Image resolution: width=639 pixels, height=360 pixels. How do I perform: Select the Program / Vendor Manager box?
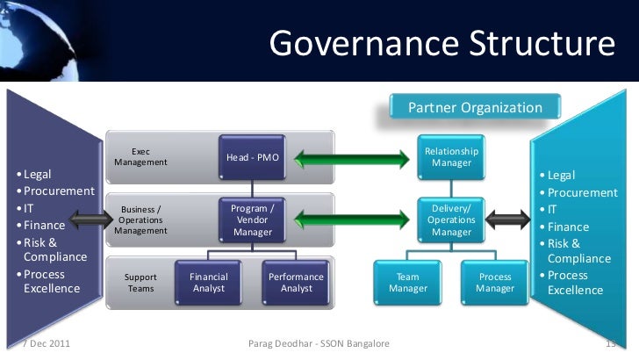click(x=252, y=220)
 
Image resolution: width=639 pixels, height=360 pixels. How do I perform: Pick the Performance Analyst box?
click(x=295, y=282)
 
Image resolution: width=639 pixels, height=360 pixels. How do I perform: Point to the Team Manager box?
click(x=407, y=282)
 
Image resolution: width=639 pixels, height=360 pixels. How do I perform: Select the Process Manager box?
click(x=494, y=282)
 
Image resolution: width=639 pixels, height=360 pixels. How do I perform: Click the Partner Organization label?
click(x=475, y=108)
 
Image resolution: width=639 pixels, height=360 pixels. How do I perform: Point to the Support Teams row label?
click(x=140, y=282)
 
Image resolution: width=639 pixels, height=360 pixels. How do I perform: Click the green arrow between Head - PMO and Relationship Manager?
click(x=352, y=159)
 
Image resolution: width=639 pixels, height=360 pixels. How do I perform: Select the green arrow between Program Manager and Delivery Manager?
click(x=352, y=219)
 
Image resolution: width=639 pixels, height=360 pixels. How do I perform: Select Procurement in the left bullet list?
click(x=59, y=191)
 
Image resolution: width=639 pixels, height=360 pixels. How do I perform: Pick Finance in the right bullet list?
click(x=568, y=227)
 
